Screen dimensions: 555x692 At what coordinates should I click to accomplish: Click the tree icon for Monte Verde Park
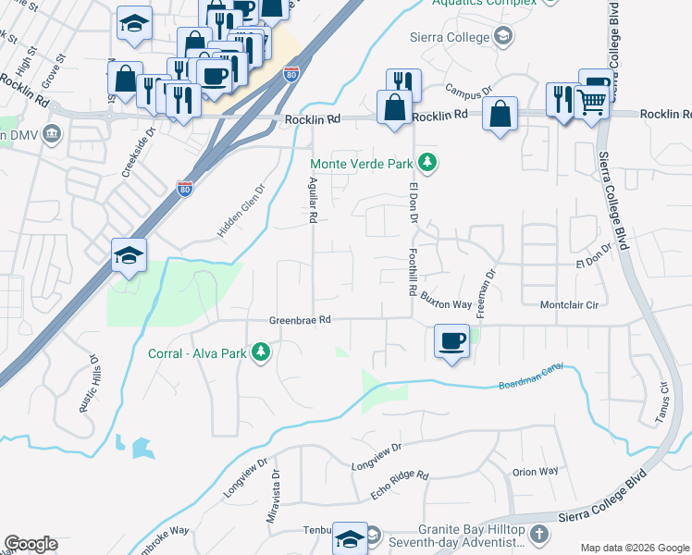(x=426, y=164)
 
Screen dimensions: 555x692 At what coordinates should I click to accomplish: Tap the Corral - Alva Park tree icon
(x=262, y=352)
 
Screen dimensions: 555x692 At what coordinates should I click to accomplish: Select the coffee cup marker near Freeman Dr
(x=451, y=341)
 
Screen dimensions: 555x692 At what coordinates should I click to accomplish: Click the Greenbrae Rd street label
(x=300, y=320)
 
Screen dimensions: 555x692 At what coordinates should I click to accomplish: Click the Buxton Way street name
(x=447, y=303)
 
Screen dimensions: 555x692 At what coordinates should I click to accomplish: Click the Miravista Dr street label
(x=274, y=500)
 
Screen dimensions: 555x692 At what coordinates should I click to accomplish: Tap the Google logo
(x=31, y=544)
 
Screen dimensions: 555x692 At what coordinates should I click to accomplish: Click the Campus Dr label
(x=465, y=92)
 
